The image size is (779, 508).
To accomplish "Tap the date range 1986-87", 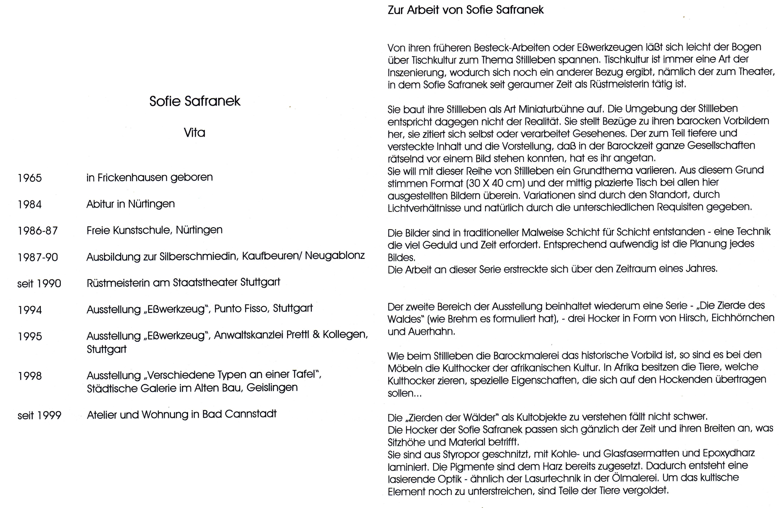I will pyautogui.click(x=38, y=231).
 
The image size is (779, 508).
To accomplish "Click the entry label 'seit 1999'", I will pyautogui.click(x=39, y=415).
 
